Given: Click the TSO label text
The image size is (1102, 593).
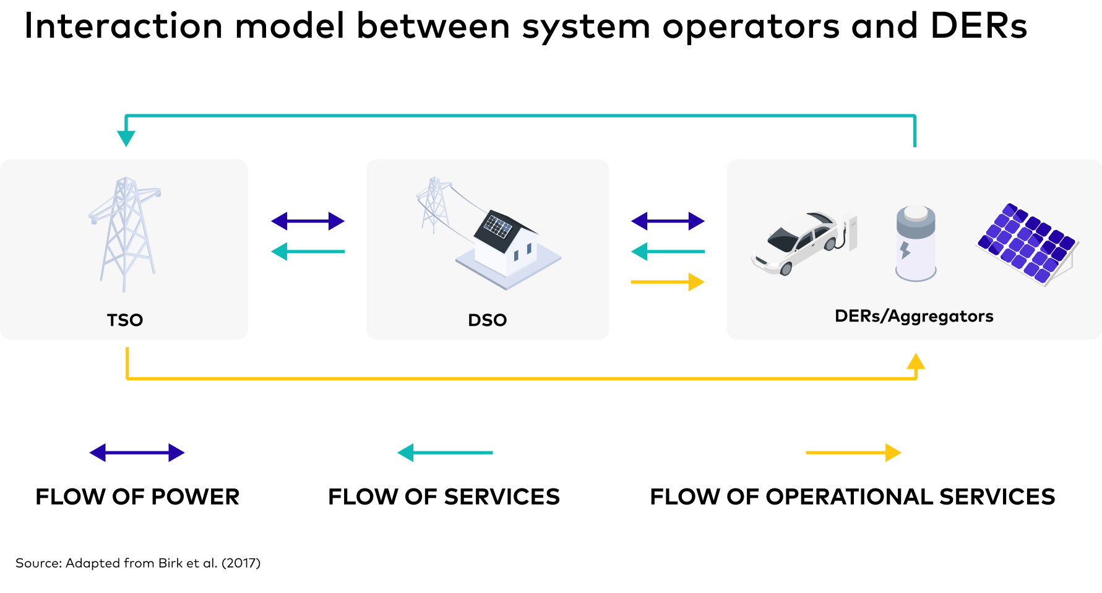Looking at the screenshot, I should (x=125, y=320).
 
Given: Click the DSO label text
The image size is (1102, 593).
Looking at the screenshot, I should (x=488, y=320).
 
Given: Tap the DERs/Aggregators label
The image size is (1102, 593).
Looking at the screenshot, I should (x=914, y=316).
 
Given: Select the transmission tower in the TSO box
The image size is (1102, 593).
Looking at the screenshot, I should (x=126, y=232).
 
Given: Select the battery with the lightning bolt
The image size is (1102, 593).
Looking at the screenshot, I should (x=916, y=244).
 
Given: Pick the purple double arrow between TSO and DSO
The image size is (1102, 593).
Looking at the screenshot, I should (x=308, y=221).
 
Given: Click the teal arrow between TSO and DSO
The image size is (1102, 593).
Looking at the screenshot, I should (x=308, y=252).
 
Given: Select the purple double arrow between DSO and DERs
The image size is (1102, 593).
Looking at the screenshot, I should (x=668, y=221).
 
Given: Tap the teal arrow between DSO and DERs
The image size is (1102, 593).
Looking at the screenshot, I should (x=668, y=252).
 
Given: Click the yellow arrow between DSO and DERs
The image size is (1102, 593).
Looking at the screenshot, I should (x=668, y=282).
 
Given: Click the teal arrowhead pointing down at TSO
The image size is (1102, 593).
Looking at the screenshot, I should (x=126, y=139).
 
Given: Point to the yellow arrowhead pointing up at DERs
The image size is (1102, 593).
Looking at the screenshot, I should (x=916, y=361).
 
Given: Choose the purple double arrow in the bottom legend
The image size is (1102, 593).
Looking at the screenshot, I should (x=137, y=453).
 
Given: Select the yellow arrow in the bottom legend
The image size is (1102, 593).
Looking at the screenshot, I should (x=853, y=453).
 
